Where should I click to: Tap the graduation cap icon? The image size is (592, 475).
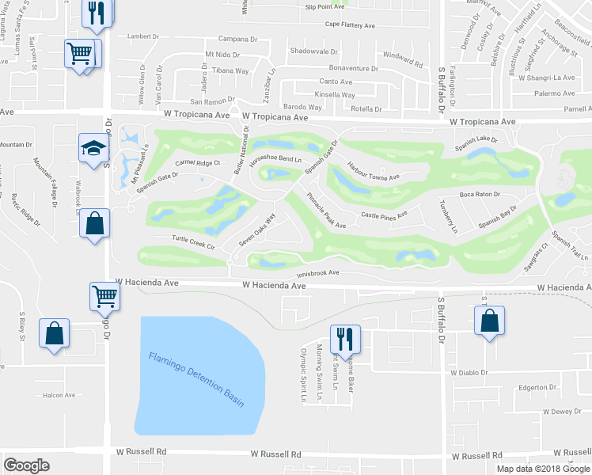(92, 147)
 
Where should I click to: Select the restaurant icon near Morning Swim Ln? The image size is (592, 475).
(346, 338)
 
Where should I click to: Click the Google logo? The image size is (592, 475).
(26, 465)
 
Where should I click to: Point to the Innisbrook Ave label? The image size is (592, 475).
(312, 273)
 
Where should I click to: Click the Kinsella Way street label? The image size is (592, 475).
(334, 94)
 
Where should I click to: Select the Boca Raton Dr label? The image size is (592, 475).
(480, 194)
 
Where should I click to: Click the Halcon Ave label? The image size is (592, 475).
(59, 395)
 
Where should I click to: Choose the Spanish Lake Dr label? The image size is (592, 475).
(475, 139)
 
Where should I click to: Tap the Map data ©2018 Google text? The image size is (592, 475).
(543, 468)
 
